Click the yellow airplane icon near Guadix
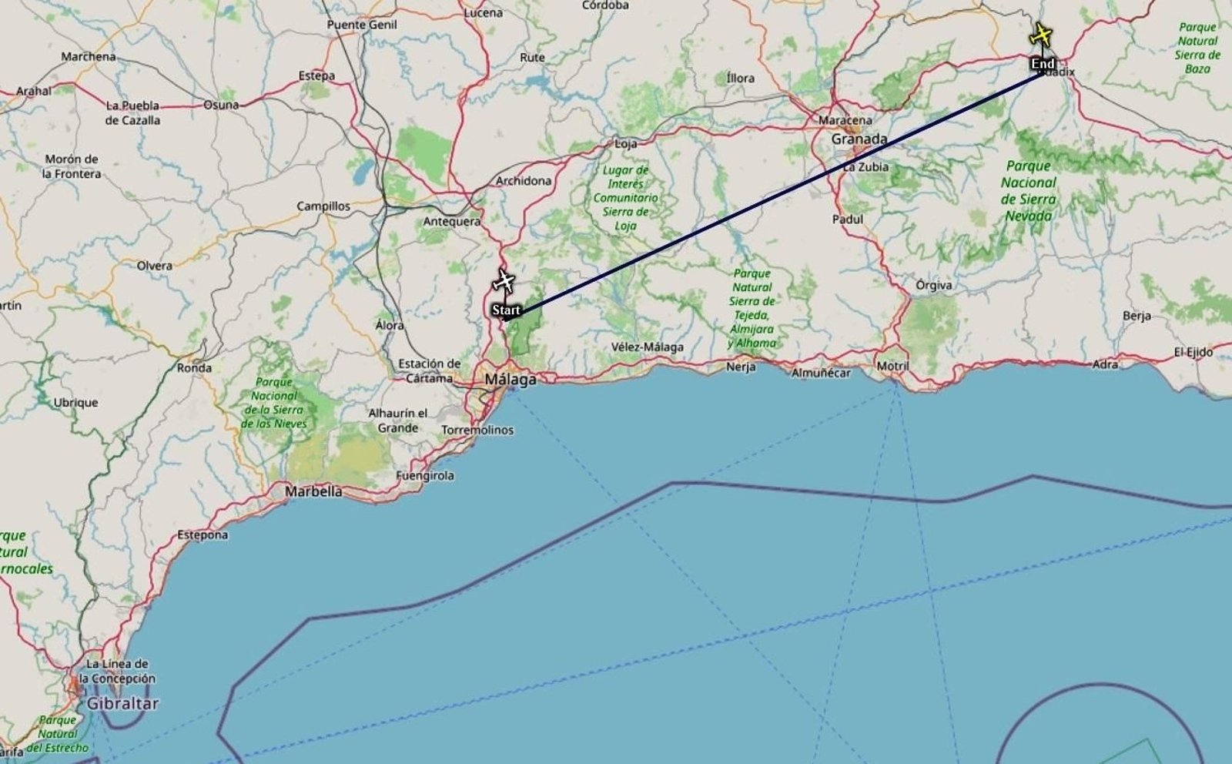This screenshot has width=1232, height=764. [x=1041, y=35]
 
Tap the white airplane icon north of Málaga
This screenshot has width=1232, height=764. [x=504, y=281]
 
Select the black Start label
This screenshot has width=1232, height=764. [x=506, y=310]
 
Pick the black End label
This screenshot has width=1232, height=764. [x=1043, y=64]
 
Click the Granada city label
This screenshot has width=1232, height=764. [x=859, y=139]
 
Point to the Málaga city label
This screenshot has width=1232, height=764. [x=510, y=379]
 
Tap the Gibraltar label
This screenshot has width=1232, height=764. [x=122, y=703]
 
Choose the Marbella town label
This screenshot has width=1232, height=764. [x=313, y=491]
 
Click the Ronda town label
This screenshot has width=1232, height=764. [x=194, y=367]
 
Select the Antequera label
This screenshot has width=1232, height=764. [x=451, y=222]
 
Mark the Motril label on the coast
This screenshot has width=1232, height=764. [x=892, y=366]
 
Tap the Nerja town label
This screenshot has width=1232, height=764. [x=741, y=367]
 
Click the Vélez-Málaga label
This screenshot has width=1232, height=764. [x=647, y=347]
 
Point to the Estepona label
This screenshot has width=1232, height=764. [x=203, y=534]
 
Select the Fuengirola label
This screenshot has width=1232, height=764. [x=425, y=476]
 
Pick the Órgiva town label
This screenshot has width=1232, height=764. [x=933, y=285]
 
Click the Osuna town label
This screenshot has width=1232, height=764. [x=221, y=105]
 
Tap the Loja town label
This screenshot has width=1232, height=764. [x=625, y=144]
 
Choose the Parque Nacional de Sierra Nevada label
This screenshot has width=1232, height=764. [x=1029, y=190]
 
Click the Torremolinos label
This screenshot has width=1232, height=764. [x=477, y=430]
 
